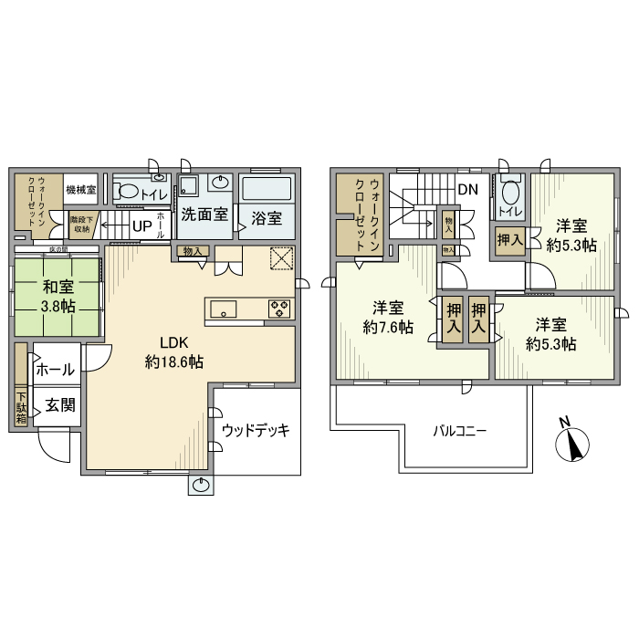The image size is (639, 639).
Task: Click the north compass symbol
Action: (x=572, y=444)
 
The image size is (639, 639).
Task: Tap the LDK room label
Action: (x=173, y=343)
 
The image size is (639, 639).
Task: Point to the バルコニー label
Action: (x=458, y=431)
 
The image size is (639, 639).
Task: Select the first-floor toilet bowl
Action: (x=131, y=192)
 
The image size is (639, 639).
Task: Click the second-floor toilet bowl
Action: (x=510, y=193)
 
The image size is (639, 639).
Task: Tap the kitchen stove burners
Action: (x=278, y=309)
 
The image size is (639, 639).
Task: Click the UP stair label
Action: (x=141, y=225)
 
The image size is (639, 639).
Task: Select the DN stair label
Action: (x=467, y=190)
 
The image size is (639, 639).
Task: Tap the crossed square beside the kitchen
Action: (x=281, y=259)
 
